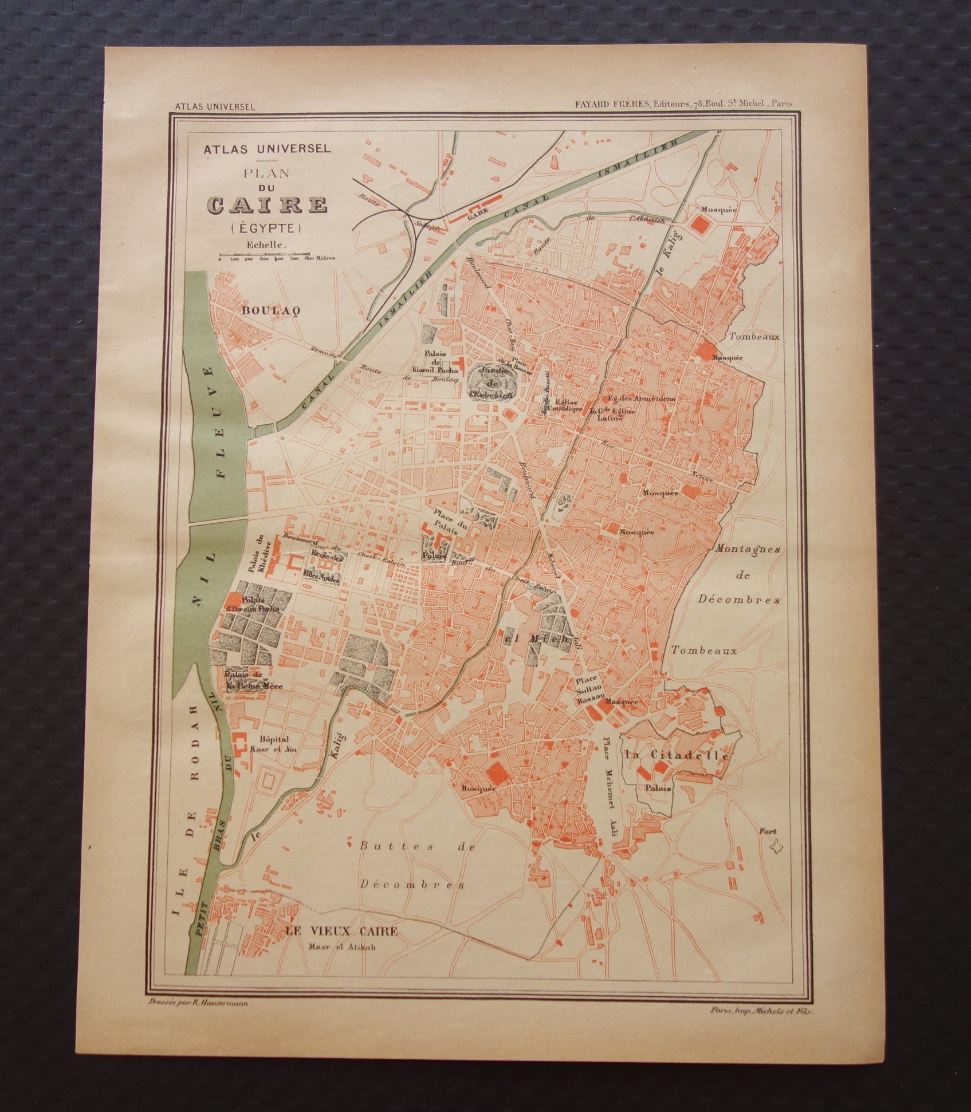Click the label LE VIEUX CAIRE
coord(341,932)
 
